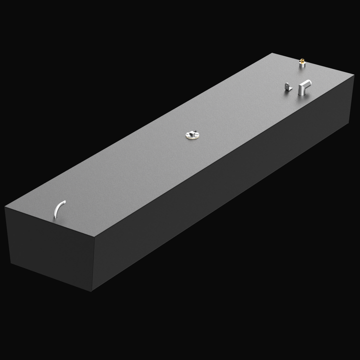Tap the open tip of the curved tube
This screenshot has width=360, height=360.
coord(64,201)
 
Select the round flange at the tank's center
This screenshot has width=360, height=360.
coord(192,134)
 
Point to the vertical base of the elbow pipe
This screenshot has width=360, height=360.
coord(302,91)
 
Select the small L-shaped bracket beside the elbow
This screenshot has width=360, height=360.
coord(287,87)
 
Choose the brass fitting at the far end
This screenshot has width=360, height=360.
coord(302,60)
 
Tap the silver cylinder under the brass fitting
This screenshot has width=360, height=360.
coord(302,64)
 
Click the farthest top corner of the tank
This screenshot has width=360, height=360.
coord(273,53)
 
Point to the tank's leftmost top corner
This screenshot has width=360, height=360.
coord(5,206)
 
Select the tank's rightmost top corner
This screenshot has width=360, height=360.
coord(353,75)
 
